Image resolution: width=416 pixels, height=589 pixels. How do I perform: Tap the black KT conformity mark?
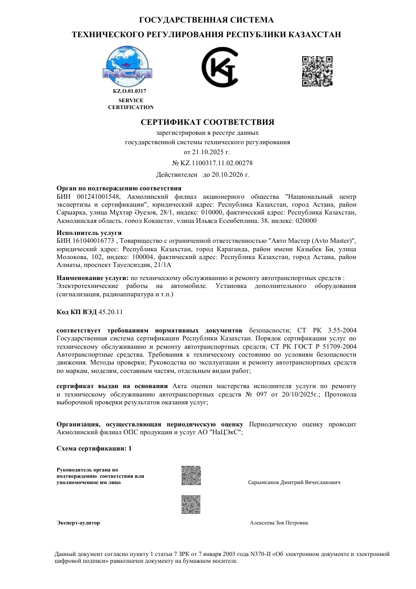(220, 67)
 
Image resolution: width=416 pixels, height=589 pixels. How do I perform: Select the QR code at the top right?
(317, 70)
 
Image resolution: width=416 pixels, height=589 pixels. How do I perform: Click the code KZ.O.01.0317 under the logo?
(130, 91)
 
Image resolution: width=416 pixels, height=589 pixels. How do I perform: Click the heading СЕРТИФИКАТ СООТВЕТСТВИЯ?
(208, 122)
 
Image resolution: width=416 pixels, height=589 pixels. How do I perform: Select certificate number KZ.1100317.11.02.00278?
(217, 163)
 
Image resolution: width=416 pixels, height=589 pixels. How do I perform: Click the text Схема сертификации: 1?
(94, 449)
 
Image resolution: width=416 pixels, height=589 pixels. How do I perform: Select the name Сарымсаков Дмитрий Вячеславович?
(294, 482)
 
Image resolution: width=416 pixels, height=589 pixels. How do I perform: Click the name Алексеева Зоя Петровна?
(279, 523)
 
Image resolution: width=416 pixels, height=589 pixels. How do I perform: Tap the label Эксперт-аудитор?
(78, 523)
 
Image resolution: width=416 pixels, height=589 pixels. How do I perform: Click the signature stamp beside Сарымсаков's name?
(191, 475)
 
